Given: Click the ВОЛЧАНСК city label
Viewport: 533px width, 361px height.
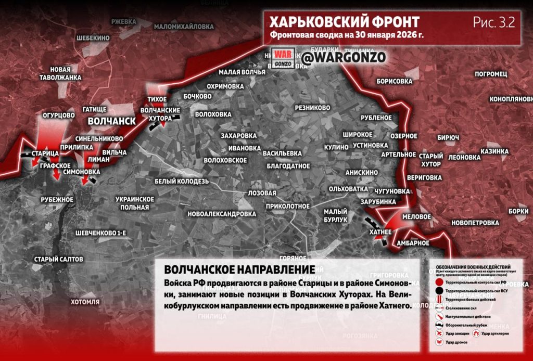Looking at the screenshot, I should point(111,121).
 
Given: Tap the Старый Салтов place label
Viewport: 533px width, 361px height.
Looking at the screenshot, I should point(58,259).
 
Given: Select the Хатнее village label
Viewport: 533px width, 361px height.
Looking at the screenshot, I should point(380,231).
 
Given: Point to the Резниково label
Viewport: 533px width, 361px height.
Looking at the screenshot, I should point(312,108).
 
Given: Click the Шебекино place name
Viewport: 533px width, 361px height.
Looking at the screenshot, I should point(93,38).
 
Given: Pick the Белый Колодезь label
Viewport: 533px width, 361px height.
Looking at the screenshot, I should point(182,181).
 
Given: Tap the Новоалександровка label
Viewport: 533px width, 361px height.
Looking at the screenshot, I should point(222,214).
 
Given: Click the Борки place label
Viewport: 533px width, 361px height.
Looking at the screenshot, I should point(518,211).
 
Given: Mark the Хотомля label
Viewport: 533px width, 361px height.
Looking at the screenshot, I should point(85,302).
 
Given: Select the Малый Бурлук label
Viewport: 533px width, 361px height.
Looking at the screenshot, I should point(335,216).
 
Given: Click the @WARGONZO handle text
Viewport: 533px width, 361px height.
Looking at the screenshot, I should point(344,58).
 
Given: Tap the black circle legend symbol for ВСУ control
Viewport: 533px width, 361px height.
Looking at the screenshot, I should point(440,290).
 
